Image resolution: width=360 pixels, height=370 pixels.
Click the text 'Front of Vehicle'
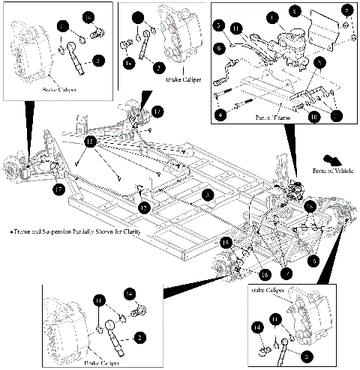pyautogui.click(x=331, y=172)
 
